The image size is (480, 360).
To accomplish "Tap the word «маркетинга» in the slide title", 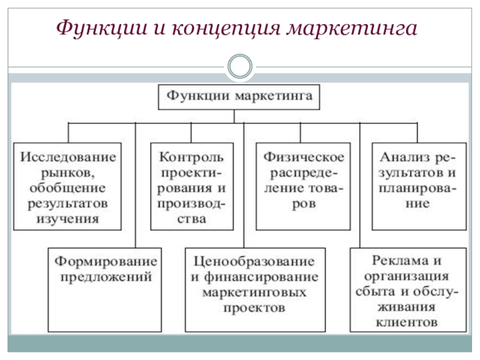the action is pos(352,28).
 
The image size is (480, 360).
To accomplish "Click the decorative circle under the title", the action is pos(240,66).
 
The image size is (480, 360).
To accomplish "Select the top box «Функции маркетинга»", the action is pos(239,97).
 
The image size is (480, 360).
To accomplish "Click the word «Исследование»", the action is pos(68,157).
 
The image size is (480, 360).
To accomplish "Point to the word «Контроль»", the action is pos(191,157).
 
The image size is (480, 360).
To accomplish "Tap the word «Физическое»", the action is pos(304,157).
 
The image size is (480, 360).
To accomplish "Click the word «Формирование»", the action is pos(106,262).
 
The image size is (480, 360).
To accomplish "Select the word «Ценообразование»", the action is pos(254,262).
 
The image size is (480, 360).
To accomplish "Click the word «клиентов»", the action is pos(407,322).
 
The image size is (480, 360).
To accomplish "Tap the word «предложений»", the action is pos(106,277).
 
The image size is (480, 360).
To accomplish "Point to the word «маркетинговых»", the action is pos(254,292).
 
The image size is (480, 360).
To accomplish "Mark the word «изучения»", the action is pos(68,219).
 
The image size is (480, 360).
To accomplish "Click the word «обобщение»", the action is pos(68,188).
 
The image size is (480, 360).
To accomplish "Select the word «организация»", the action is pos(407,277).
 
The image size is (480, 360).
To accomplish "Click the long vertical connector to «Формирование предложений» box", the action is pos(136,185).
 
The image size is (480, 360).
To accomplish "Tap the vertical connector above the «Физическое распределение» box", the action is pos(301,133).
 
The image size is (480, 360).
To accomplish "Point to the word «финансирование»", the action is pos(261,277).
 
